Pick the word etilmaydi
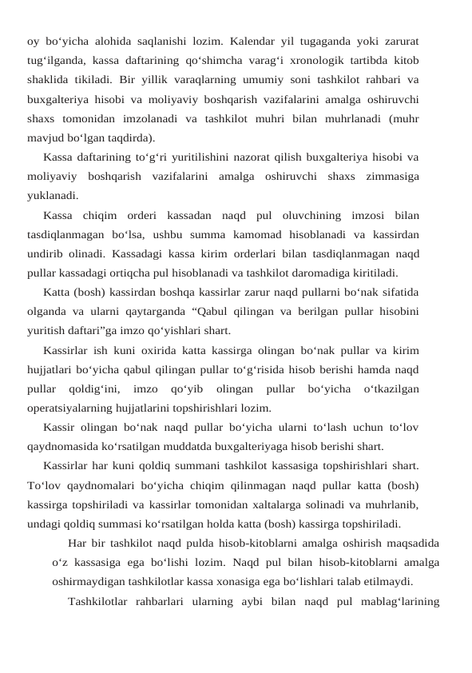point(387,582)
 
